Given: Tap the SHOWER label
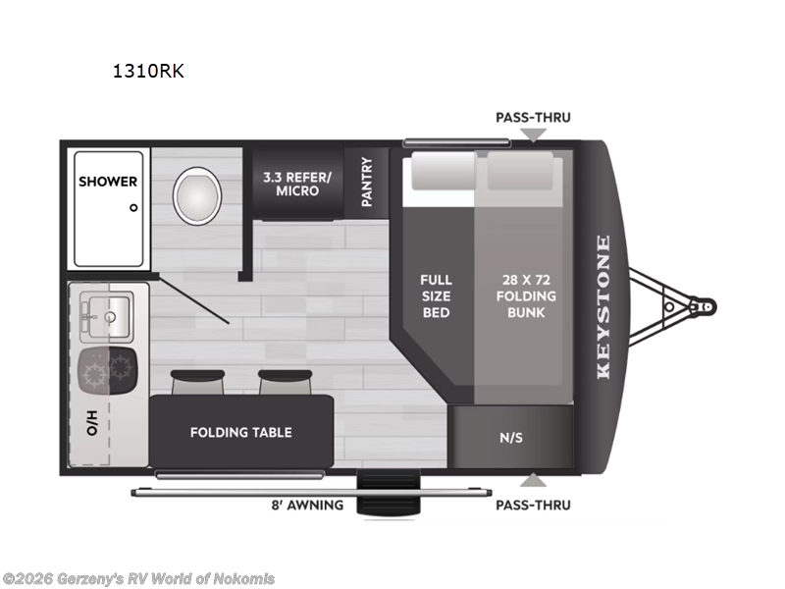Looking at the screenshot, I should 108,182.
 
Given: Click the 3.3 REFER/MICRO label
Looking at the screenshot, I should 297,184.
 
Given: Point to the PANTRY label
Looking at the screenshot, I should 367,182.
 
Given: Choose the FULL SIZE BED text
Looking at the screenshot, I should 436,295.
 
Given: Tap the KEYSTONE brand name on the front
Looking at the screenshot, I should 602,306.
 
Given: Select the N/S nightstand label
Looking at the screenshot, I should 511,437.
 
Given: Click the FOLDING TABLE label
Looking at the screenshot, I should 240,432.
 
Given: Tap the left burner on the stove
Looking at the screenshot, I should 94,371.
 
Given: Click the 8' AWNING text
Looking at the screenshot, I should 307,506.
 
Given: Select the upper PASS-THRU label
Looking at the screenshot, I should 533,117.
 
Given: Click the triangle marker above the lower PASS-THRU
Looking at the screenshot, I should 533,480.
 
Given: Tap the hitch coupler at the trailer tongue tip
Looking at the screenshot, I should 704,306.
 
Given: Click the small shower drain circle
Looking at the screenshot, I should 133,207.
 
